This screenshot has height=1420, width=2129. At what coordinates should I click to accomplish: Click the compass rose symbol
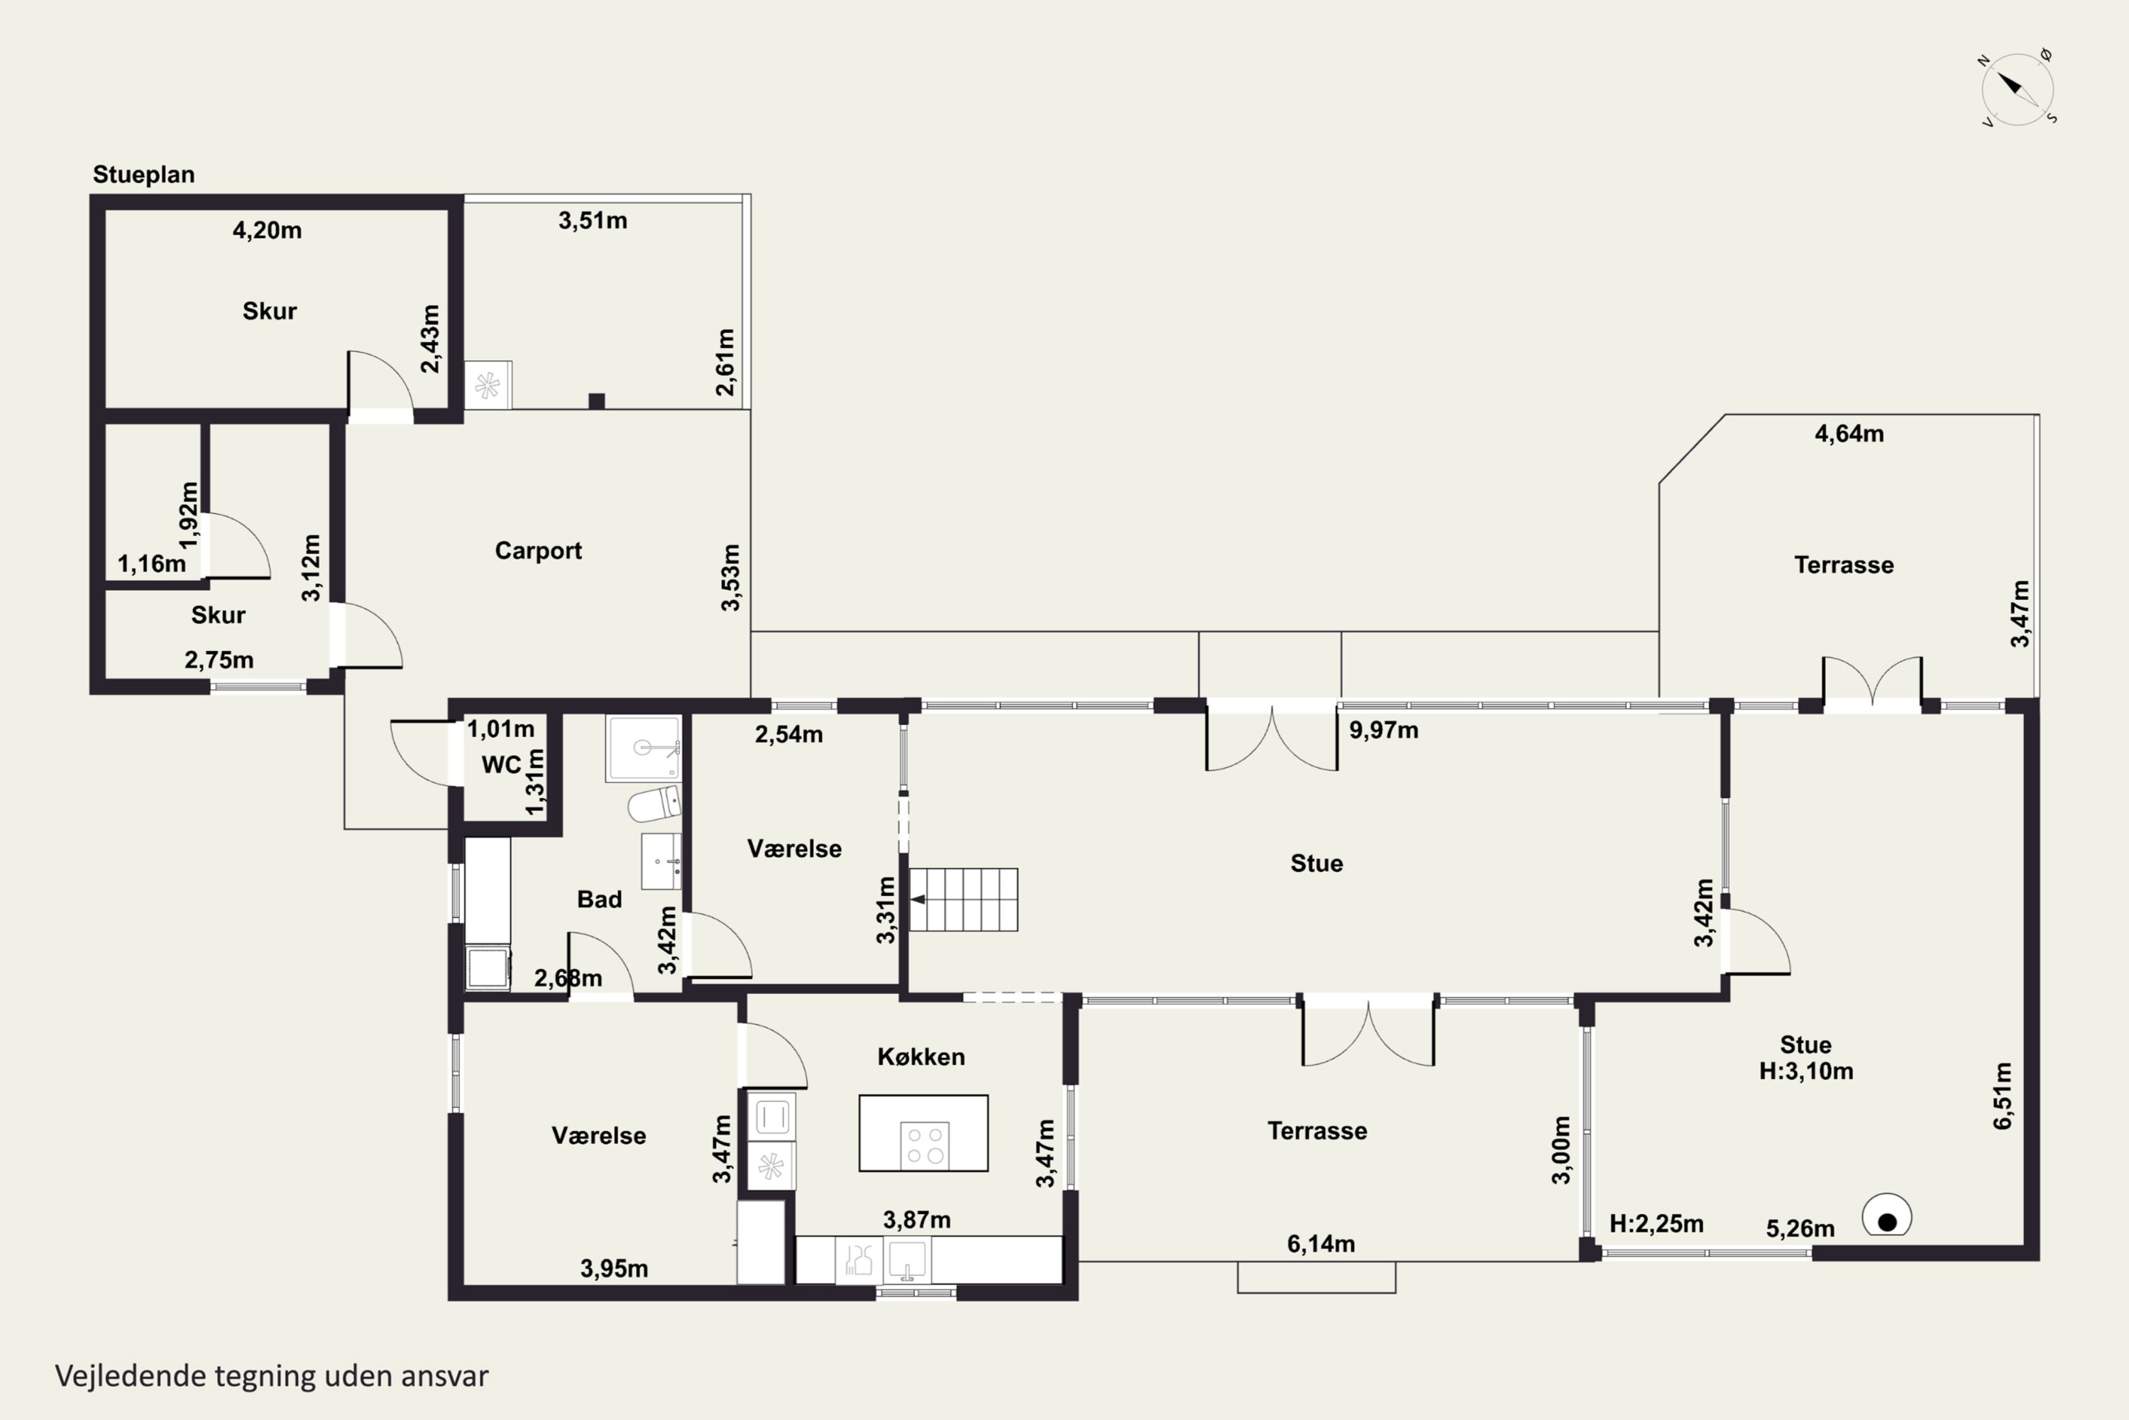tap(2017, 89)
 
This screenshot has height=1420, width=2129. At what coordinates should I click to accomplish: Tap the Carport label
tap(538, 551)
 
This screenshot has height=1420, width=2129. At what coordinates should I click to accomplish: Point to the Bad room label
tap(599, 900)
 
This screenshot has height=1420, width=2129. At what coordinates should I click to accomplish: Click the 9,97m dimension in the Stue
tap(1383, 730)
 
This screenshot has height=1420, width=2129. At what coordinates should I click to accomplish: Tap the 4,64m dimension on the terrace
tap(1849, 434)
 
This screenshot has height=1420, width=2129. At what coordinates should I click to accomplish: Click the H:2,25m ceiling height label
tap(1656, 1223)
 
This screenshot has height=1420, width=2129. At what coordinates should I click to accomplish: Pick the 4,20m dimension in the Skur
tap(267, 230)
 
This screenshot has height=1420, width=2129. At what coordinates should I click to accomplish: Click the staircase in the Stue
tap(963, 900)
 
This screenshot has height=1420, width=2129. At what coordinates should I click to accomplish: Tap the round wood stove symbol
tap(1886, 1216)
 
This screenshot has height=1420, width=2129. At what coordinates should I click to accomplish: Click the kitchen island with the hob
tap(923, 1133)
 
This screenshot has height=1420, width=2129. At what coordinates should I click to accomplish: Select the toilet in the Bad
tap(654, 803)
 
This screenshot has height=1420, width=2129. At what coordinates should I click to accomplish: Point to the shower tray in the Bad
tap(644, 748)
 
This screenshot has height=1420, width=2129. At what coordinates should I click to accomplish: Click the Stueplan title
tap(144, 175)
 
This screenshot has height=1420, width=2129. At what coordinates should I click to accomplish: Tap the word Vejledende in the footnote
tap(131, 1376)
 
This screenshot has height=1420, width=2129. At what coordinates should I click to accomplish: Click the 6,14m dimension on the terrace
tap(1321, 1243)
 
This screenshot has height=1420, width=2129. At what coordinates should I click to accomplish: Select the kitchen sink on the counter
tap(906, 1260)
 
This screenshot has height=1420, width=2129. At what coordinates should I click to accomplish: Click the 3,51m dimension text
tap(593, 220)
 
